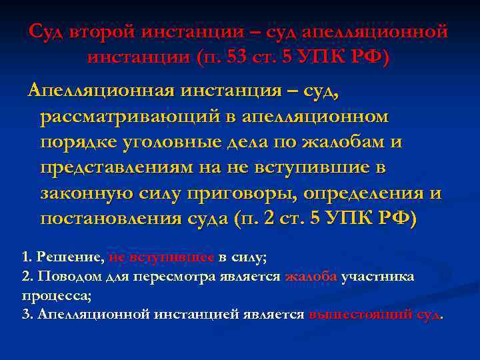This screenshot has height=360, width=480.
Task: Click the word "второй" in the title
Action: (x=105, y=32)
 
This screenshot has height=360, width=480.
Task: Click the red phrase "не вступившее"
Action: (x=161, y=256)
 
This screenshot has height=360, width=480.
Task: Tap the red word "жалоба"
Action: (x=311, y=277)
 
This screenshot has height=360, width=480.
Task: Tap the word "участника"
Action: (x=377, y=277)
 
